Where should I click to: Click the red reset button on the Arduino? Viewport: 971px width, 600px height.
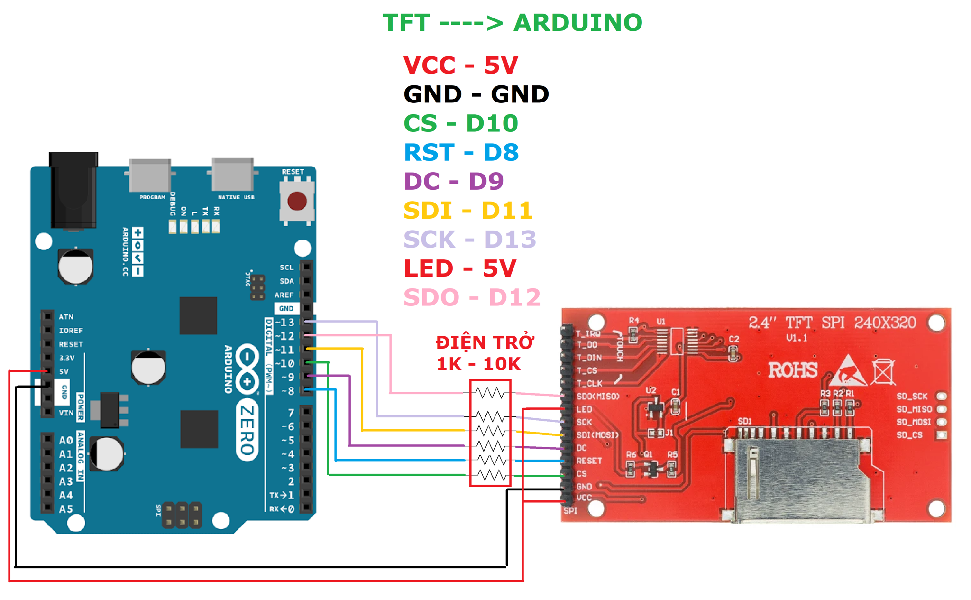pyautogui.click(x=297, y=201)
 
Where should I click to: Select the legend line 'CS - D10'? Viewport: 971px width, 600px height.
pyautogui.click(x=460, y=123)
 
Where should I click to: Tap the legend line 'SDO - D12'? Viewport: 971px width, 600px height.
pyautogui.click(x=472, y=298)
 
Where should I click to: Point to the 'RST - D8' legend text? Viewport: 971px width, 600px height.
pyautogui.click(x=461, y=152)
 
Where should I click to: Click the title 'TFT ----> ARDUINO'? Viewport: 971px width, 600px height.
pyautogui.click(x=512, y=23)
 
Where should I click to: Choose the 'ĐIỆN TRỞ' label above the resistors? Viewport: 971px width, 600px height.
pyautogui.click(x=485, y=342)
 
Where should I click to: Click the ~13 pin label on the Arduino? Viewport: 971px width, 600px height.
pyautogui.click(x=285, y=323)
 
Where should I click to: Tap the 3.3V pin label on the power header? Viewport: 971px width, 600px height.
pyautogui.click(x=67, y=358)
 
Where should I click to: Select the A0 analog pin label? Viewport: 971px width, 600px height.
pyautogui.click(x=65, y=440)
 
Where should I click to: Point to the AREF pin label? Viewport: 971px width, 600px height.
pyautogui.click(x=284, y=295)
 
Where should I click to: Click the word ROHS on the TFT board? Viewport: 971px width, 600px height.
pyautogui.click(x=793, y=370)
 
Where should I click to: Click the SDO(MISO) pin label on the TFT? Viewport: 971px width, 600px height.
pyautogui.click(x=598, y=397)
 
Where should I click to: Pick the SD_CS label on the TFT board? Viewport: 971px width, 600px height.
pyautogui.click(x=909, y=435)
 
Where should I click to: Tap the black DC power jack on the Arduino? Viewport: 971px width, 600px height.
pyautogui.click(x=73, y=190)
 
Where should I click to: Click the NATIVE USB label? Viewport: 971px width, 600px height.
pyautogui.click(x=236, y=197)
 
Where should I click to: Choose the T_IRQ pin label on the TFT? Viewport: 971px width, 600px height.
pyautogui.click(x=588, y=334)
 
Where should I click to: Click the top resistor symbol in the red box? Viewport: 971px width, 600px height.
pyautogui.click(x=490, y=393)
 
